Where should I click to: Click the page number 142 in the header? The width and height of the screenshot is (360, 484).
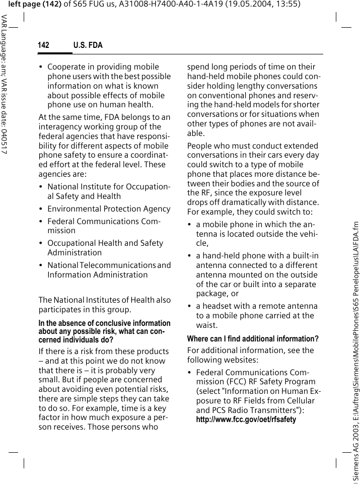click(44, 45)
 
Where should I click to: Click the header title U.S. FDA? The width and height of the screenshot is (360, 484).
click(88, 45)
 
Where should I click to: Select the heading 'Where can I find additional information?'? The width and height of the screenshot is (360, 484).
click(253, 338)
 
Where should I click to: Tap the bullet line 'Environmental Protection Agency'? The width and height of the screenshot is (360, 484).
click(109, 209)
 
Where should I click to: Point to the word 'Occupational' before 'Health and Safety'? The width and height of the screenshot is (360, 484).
click(70, 243)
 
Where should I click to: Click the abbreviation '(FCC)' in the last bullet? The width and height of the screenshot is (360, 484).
click(207, 382)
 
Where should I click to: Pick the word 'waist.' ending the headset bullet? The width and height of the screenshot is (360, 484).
click(207, 325)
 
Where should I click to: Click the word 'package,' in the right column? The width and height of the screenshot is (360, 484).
click(211, 294)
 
